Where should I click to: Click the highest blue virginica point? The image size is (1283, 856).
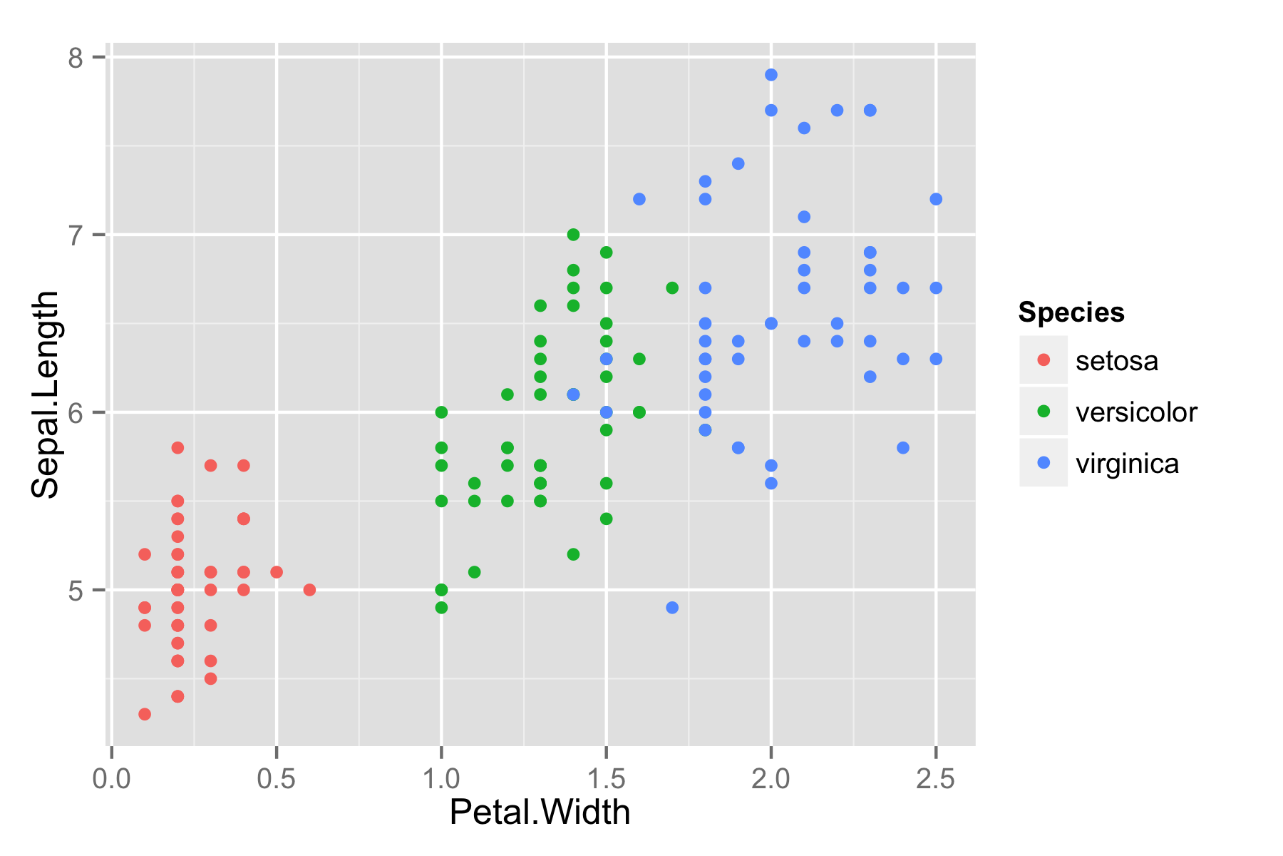coord(771,75)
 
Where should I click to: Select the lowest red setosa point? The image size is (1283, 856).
coord(145,714)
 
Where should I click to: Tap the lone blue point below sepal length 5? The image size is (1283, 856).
coord(672,608)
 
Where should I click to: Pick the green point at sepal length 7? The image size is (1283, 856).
coord(573,235)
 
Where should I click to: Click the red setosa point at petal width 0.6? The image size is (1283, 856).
coord(309,590)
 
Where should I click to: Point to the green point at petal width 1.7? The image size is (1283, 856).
coord(672,288)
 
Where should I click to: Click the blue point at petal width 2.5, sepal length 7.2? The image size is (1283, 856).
coord(936,199)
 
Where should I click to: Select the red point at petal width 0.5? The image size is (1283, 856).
coord(277,572)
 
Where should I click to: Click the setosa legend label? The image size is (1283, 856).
coord(1116,361)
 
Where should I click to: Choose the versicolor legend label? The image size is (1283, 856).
coord(1136,412)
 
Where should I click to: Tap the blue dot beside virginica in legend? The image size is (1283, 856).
coord(1044,463)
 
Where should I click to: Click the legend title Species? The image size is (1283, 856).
coord(1071,312)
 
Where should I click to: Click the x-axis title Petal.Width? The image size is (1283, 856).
coord(540,812)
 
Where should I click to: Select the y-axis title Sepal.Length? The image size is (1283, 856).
coord(46,394)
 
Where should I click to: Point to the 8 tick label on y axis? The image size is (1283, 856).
coord(76,57)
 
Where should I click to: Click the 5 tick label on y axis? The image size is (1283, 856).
coord(76,590)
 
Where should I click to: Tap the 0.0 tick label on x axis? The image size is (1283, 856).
coord(111,779)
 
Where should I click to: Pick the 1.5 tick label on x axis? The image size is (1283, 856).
coord(606,779)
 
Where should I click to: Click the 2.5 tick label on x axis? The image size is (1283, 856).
coord(936,779)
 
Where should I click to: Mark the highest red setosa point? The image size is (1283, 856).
coord(177,448)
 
